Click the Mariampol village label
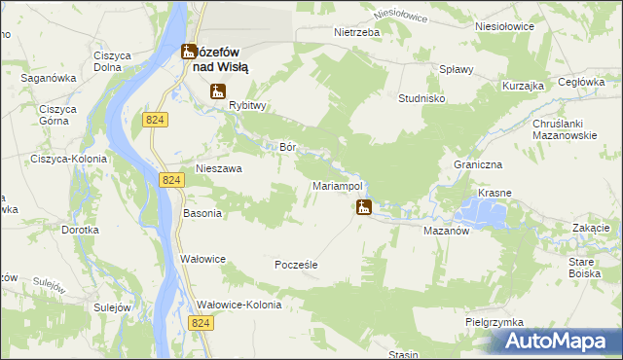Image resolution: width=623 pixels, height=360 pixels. click(x=338, y=185)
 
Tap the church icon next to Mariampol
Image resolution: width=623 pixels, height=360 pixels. click(x=363, y=206)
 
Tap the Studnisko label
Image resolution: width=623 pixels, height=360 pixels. click(x=422, y=98)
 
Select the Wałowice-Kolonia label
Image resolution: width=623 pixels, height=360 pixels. click(x=239, y=305)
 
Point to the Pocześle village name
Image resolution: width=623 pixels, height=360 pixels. click(x=297, y=265)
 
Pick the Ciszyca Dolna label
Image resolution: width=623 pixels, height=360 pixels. click(x=113, y=61)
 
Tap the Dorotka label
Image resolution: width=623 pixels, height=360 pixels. click(x=81, y=230)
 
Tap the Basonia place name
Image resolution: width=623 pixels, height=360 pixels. click(x=202, y=212)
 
